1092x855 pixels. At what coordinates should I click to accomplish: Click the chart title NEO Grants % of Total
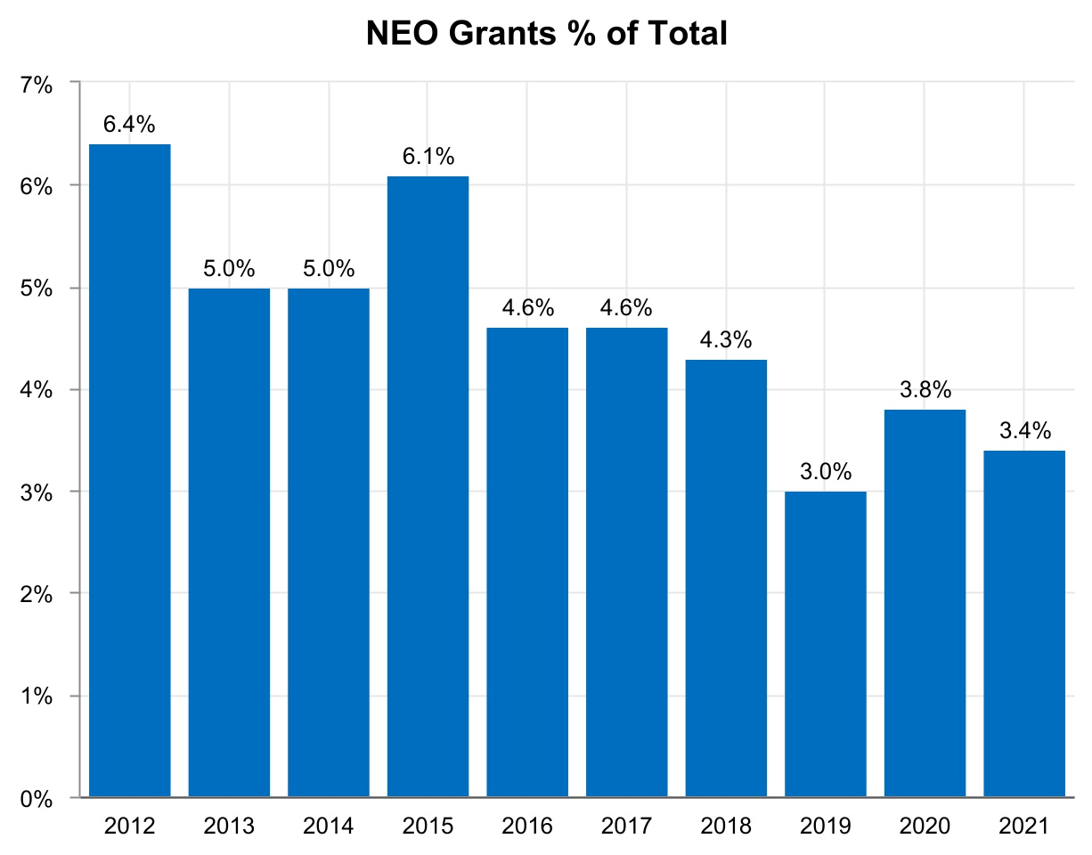point(546,34)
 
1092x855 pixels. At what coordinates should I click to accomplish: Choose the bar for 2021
point(1024,623)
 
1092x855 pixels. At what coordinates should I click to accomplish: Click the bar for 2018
point(726,578)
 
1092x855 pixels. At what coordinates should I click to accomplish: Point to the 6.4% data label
point(130,125)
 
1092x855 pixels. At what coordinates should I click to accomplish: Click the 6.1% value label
point(428,157)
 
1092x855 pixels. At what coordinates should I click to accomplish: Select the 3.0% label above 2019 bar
point(825,472)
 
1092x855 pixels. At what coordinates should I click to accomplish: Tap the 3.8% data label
point(925,390)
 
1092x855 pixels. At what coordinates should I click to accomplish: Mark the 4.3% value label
point(726,340)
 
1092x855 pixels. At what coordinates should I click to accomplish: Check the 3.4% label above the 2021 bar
point(1024,432)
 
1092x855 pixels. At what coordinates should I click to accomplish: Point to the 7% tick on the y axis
point(37,85)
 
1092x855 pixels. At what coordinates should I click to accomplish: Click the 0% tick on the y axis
point(37,798)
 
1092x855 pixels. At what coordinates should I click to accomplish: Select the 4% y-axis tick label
point(37,390)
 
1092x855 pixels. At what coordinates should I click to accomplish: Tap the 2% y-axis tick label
point(37,594)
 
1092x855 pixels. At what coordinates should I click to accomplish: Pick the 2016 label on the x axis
point(527,826)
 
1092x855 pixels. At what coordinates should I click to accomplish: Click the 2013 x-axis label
point(229,826)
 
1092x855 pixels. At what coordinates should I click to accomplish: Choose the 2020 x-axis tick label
point(925,826)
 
